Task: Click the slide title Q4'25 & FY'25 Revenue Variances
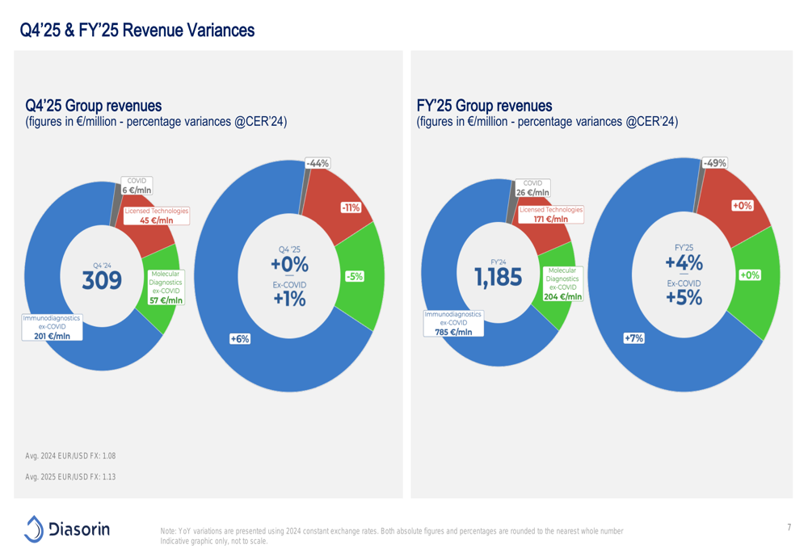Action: pos(138,31)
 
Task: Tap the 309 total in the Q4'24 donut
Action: pos(102,280)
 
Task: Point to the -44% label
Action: pos(318,163)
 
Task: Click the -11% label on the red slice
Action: pos(351,207)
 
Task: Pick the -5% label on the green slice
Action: pos(354,276)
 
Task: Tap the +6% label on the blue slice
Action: pos(240,340)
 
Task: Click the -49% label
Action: pos(714,163)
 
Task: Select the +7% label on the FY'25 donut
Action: pos(633,338)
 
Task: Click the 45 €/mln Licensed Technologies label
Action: pos(157,220)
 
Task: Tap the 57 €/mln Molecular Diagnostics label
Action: pos(166,300)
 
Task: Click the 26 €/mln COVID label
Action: pos(532,193)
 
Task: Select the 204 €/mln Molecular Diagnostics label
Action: pos(562,296)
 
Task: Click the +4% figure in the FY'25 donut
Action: pos(684,263)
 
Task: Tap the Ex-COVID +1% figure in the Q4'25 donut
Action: pos(289,299)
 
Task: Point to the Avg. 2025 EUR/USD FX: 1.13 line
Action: pos(71,477)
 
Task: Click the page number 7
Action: pos(788,527)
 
